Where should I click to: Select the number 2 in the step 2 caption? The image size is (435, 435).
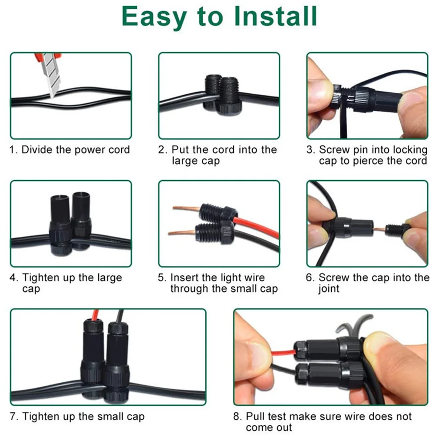161,150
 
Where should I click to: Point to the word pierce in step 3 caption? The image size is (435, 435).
370,161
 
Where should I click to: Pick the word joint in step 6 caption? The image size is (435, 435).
329,289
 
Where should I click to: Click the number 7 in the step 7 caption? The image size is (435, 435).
14,417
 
